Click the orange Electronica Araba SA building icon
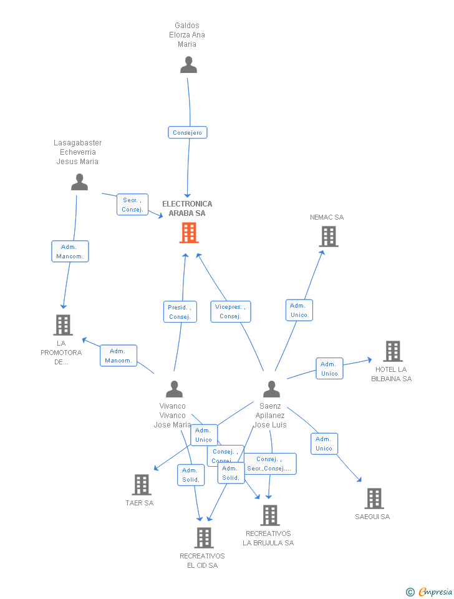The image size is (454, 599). (188, 233)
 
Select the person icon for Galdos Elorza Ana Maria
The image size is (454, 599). (188, 64)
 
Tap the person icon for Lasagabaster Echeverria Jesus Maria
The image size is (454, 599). (79, 182)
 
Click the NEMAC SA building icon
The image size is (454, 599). (328, 236)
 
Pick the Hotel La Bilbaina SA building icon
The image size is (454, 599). (392, 351)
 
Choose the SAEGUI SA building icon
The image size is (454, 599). (374, 499)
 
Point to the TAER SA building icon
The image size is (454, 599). (142, 485)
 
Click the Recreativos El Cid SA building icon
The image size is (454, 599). (203, 538)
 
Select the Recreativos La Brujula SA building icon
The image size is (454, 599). (269, 515)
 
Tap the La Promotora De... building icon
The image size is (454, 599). (62, 325)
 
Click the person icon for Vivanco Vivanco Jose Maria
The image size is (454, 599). (174, 389)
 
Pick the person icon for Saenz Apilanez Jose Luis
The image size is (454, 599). (271, 389)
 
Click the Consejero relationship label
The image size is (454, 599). (187, 132)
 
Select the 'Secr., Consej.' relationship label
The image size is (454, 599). (132, 205)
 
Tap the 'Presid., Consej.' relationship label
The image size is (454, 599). (180, 312)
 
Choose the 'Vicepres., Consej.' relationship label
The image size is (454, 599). (230, 311)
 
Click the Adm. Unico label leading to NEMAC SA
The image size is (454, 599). (299, 310)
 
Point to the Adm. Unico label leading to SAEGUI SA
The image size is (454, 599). (324, 444)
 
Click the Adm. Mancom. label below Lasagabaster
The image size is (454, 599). (70, 251)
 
